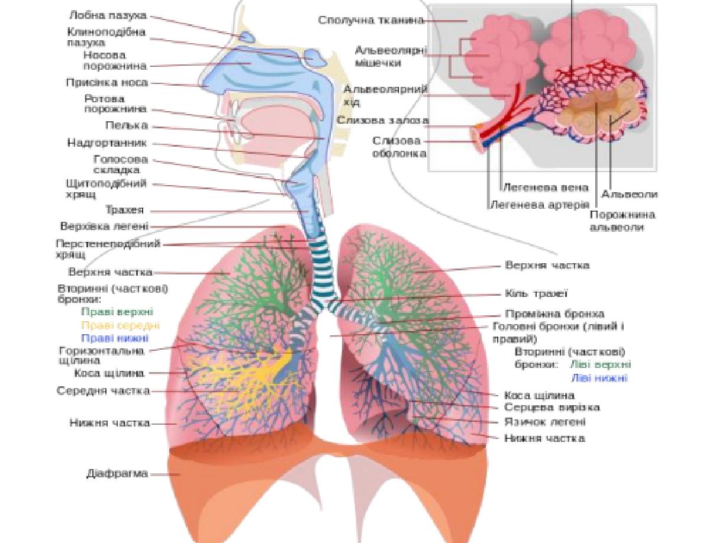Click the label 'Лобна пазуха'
pos(108,15)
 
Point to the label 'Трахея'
pos(124,211)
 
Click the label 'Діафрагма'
pos(117,474)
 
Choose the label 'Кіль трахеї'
pos(536,293)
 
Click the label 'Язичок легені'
pos(544,422)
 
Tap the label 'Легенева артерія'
pos(539,205)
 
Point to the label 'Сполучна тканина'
pos(371,20)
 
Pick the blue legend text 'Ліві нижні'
pos(599,378)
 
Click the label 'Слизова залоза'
pos(383,120)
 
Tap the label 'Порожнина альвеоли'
pos(622,221)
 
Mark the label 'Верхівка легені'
pos(104,226)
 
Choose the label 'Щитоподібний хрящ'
pos(106,189)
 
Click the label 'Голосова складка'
pos(121,164)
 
